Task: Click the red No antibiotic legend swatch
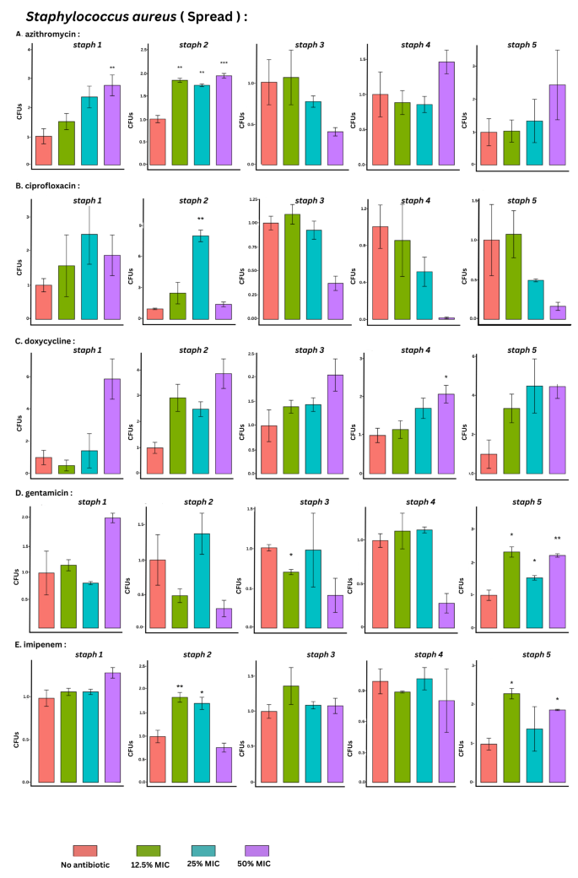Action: click(85, 851)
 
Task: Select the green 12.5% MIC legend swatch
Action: click(149, 851)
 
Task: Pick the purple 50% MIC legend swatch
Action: click(257, 851)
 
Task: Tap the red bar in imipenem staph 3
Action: click(268, 746)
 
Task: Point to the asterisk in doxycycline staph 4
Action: click(446, 377)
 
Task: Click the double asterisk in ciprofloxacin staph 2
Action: click(201, 219)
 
